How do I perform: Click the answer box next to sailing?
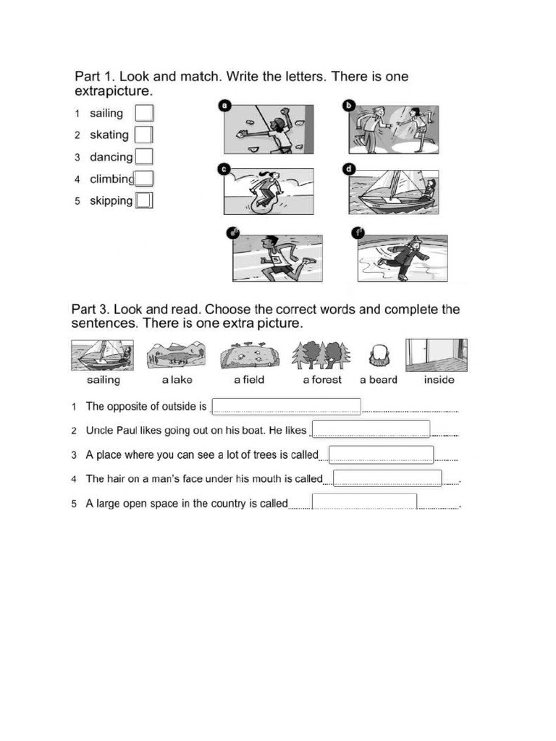pyautogui.click(x=145, y=114)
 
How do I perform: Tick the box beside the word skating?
pyautogui.click(x=143, y=135)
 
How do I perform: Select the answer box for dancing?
pyautogui.click(x=144, y=157)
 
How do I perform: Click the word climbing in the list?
pyautogui.click(x=111, y=179)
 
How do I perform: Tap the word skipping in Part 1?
pyautogui.click(x=111, y=200)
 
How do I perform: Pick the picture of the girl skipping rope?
pyautogui.click(x=269, y=191)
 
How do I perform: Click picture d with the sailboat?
pyautogui.click(x=393, y=191)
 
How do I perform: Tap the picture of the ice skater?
pyautogui.click(x=403, y=258)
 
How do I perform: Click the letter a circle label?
pyautogui.click(x=224, y=106)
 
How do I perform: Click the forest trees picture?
pyautogui.click(x=321, y=355)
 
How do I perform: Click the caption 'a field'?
pyautogui.click(x=249, y=380)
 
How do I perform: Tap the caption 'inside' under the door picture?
pyautogui.click(x=439, y=380)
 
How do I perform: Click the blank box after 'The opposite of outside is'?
pyautogui.click(x=285, y=407)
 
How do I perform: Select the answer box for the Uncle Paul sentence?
pyautogui.click(x=371, y=430)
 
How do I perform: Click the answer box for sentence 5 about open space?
pyautogui.click(x=364, y=503)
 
